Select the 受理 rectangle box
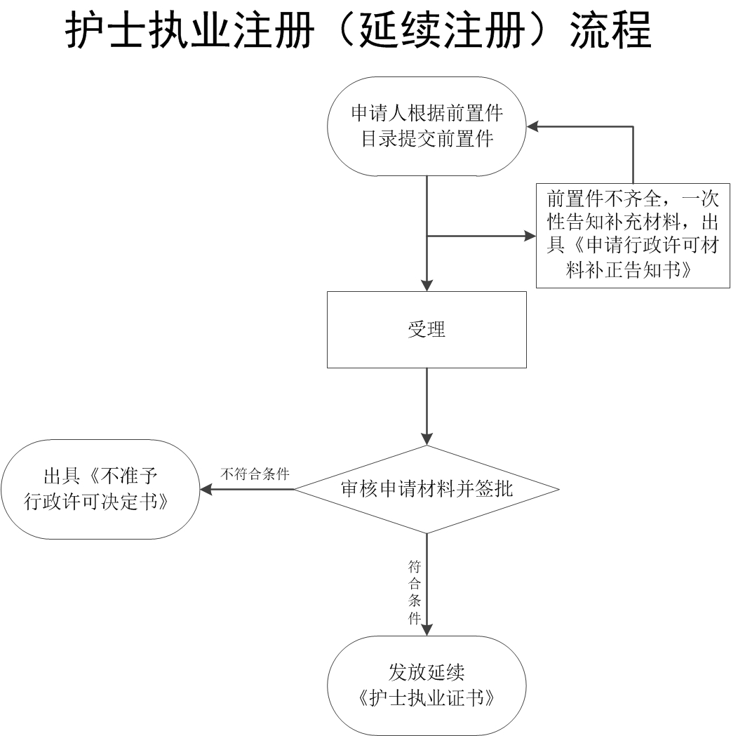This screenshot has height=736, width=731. [x=427, y=329]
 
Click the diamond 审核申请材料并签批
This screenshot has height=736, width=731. [x=427, y=489]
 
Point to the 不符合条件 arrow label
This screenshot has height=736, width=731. [x=255, y=474]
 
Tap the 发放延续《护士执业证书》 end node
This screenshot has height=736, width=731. [x=427, y=685]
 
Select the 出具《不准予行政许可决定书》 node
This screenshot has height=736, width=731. [x=100, y=489]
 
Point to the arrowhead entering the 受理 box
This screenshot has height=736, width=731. [x=427, y=285]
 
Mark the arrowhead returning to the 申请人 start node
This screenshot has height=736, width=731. [x=534, y=126]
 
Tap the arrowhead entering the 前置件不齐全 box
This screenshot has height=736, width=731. [x=530, y=236]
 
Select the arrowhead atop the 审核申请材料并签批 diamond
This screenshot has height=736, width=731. [x=427, y=439]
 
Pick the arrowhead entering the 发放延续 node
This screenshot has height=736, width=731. [x=427, y=629]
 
